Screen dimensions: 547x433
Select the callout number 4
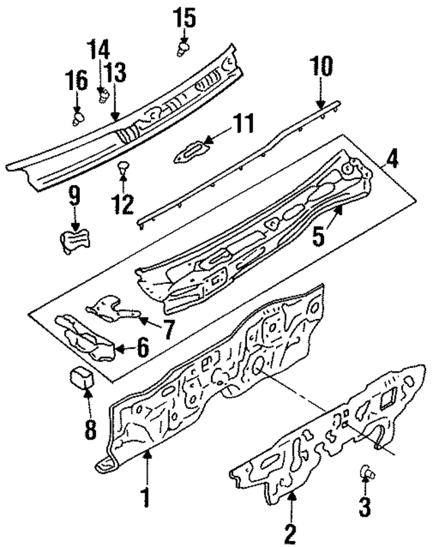point(392,160)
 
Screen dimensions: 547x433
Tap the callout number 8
point(91,427)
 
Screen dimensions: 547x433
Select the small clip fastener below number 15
point(183,48)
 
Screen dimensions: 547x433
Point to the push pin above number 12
point(122,167)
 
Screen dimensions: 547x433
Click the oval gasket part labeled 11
point(188,150)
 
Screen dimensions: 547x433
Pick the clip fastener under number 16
point(78,120)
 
